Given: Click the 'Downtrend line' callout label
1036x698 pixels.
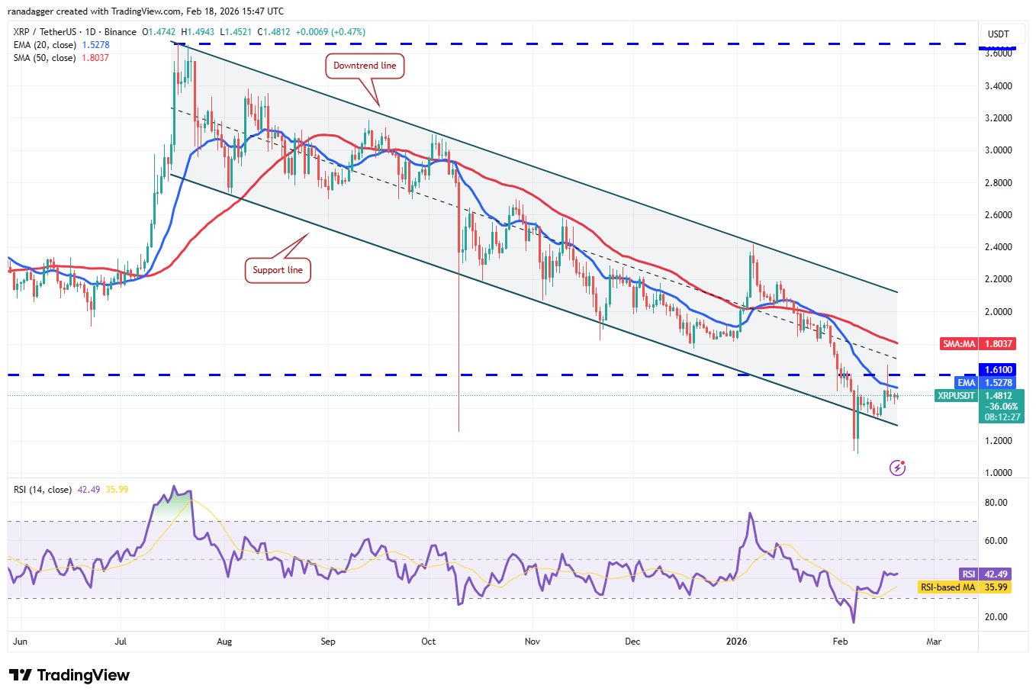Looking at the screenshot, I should (365, 66).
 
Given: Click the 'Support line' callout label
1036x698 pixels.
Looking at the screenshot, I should (278, 270).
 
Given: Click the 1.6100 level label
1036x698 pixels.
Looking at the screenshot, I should (998, 370).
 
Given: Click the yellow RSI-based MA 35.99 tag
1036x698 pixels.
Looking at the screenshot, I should (964, 587).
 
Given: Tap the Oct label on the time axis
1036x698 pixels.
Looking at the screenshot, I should (429, 642).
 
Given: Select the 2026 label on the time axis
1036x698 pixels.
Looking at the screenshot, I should (738, 642).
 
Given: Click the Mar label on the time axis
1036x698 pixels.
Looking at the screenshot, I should (934, 642).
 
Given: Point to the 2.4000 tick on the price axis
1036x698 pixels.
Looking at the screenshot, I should (999, 247).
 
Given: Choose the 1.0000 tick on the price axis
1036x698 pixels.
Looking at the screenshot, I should (999, 473).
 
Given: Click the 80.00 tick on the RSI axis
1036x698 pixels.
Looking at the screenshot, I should (996, 503).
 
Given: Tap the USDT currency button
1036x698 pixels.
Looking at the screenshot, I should (998, 34).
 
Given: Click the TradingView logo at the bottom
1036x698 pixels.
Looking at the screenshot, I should (69, 675).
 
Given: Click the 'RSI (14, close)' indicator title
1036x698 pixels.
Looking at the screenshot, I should (43, 490).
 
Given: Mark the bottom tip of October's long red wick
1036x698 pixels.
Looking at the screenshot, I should (458, 431).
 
